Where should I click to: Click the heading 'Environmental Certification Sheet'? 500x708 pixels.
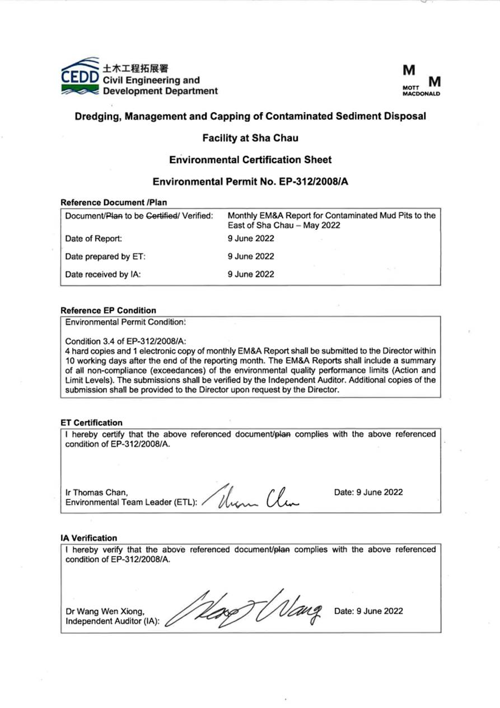coord(250,160)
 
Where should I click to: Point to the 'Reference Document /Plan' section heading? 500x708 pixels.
coord(113,202)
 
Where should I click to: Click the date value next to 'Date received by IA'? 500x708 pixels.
coord(251,274)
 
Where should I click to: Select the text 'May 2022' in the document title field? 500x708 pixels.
coord(306,225)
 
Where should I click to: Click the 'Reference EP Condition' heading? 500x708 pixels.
coord(108,310)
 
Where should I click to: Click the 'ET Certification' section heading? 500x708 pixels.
coord(91,423)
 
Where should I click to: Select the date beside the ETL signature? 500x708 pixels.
coord(368,492)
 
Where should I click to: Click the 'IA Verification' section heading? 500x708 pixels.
coord(88,538)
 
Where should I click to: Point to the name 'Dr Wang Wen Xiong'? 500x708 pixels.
coord(106,612)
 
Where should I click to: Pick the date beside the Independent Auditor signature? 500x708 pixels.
coord(368,611)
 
